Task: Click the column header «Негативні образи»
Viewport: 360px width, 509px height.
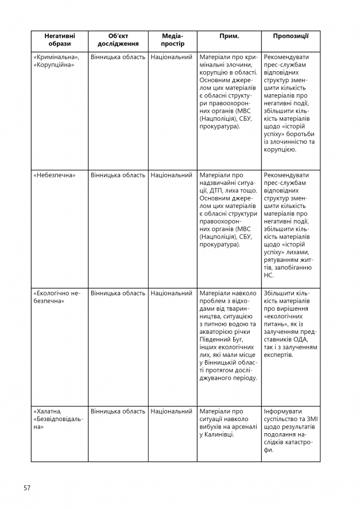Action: (59, 40)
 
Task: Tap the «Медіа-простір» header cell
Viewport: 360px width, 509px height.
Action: (172, 40)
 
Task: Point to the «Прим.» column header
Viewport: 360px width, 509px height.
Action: (229, 36)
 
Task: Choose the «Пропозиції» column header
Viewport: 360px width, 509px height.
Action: (291, 36)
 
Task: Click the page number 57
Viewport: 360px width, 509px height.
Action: (27, 488)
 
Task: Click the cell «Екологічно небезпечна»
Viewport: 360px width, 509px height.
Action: (57, 297)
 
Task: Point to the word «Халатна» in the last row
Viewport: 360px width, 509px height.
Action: (48, 411)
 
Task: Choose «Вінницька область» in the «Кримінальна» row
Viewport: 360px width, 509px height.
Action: (118, 57)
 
